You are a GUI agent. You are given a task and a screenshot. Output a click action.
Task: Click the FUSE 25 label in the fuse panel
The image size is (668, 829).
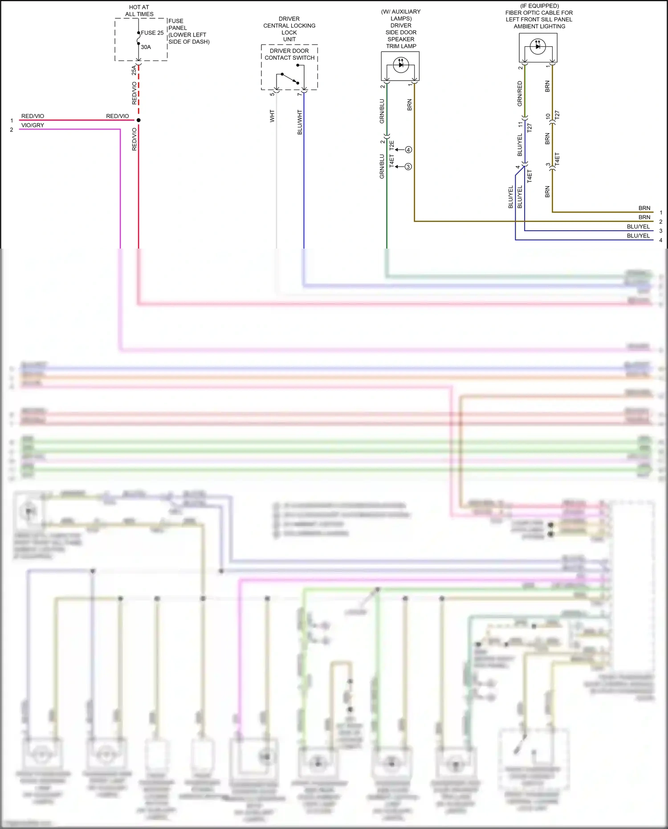pyautogui.click(x=152, y=33)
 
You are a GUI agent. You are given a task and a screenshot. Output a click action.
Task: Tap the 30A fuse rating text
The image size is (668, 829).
pyautogui.click(x=146, y=47)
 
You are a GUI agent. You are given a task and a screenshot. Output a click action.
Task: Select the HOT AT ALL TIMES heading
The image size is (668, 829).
pyautogui.click(x=139, y=11)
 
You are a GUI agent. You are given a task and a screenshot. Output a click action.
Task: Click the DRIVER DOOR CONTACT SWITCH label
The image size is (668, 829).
pyautogui.click(x=289, y=54)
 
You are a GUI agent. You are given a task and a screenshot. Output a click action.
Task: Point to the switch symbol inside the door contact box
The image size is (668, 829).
pyautogui.click(x=290, y=78)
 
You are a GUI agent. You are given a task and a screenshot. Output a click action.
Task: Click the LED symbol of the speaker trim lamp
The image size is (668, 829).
pyautogui.click(x=400, y=65)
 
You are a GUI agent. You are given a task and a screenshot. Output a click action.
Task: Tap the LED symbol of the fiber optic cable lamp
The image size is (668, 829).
pyautogui.click(x=538, y=46)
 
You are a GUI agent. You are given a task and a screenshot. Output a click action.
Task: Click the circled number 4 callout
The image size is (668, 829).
pyautogui.click(x=408, y=150)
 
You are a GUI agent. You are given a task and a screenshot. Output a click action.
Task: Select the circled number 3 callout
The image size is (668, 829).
pyautogui.click(x=408, y=167)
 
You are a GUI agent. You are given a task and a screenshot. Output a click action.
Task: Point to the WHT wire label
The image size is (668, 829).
pyautogui.click(x=272, y=116)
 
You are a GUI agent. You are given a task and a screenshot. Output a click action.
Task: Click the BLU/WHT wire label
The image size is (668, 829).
pyautogui.click(x=300, y=123)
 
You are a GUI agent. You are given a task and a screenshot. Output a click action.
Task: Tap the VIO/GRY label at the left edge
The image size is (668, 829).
pyautogui.click(x=33, y=125)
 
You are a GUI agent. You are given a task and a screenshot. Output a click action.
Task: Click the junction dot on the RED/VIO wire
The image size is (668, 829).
pyautogui.click(x=138, y=120)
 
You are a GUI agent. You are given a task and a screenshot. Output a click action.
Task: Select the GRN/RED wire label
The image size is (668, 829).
pyautogui.click(x=520, y=94)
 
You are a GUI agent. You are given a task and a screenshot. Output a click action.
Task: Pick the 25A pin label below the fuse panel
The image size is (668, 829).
pyautogui.click(x=134, y=70)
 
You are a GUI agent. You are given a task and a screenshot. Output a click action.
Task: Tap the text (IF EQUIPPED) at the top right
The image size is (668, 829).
pyautogui.click(x=539, y=6)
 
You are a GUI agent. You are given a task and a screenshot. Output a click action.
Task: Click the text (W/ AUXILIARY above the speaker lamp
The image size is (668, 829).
pyautogui.click(x=400, y=12)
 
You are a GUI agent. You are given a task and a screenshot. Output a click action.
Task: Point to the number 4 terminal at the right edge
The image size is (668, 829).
pyautogui.click(x=660, y=240)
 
